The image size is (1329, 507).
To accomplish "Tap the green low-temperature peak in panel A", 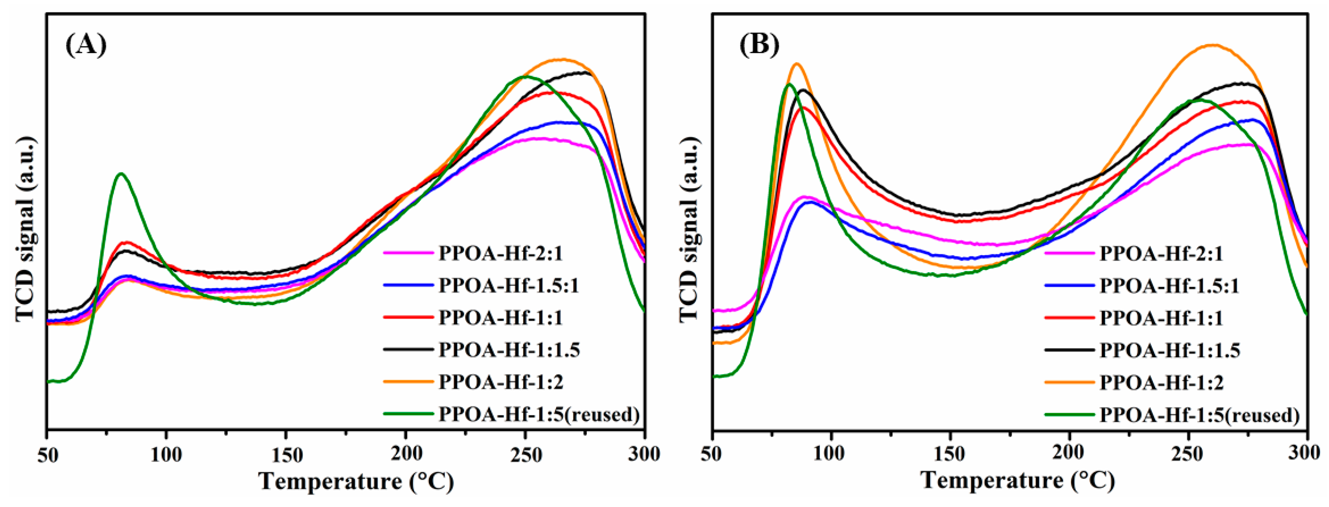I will [x=121, y=174].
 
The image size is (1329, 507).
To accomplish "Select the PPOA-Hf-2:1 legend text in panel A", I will [x=501, y=253].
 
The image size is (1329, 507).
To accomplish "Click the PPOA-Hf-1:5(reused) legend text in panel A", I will [x=539, y=414].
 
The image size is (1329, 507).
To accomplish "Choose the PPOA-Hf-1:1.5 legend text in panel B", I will [x=1170, y=350].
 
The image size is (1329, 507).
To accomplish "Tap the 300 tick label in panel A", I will [x=645, y=454].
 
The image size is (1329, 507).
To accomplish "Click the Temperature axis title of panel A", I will [x=356, y=481].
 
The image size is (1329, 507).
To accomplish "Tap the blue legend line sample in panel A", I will [x=408, y=285].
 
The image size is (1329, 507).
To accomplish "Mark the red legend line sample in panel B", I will [x=1069, y=318].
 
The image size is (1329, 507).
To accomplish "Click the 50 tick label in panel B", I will [x=713, y=454].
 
